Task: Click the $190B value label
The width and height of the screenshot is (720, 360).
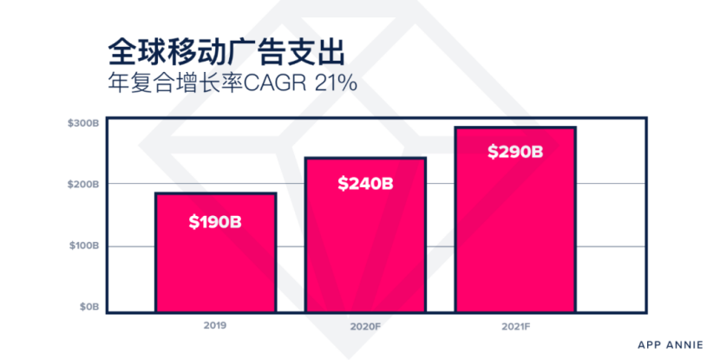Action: pos(215,221)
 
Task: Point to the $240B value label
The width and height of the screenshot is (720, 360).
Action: pos(365,184)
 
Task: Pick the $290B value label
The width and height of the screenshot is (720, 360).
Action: pos(515,152)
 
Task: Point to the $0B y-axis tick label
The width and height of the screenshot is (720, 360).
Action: pos(89,308)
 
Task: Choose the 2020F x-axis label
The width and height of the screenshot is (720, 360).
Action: pos(365,327)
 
